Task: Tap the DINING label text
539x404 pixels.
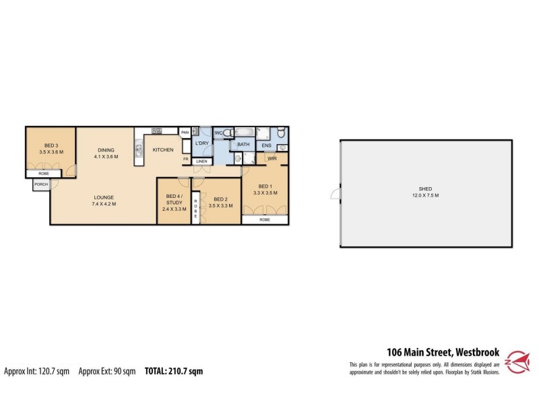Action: click(106, 150)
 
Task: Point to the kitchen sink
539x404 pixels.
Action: click(139, 149)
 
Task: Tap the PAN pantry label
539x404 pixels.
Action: click(184, 133)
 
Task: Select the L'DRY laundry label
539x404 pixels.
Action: click(201, 144)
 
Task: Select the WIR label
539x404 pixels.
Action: click(272, 159)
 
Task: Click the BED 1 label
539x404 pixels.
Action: click(265, 186)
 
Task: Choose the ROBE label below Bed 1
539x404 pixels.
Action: click(265, 220)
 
